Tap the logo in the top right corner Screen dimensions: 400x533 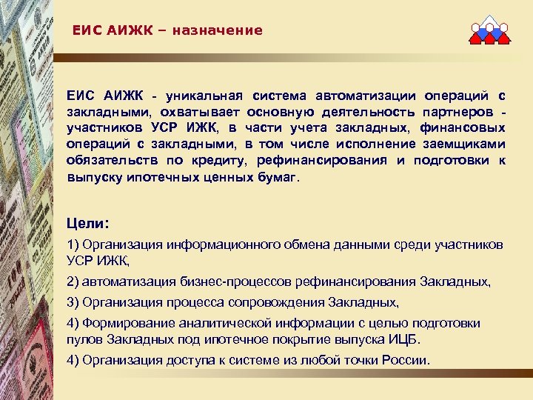click(489, 32)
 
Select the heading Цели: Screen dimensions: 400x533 click(87, 221)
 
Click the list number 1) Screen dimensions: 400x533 click(73, 244)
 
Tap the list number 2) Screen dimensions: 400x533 click(73, 282)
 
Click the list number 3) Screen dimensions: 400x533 click(73, 302)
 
